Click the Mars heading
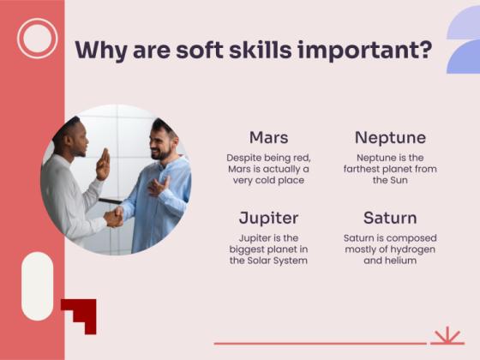tap(268, 137)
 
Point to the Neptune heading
tap(390, 137)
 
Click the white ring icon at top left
tap(37, 38)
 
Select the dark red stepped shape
tap(81, 314)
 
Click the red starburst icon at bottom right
tap(447, 335)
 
